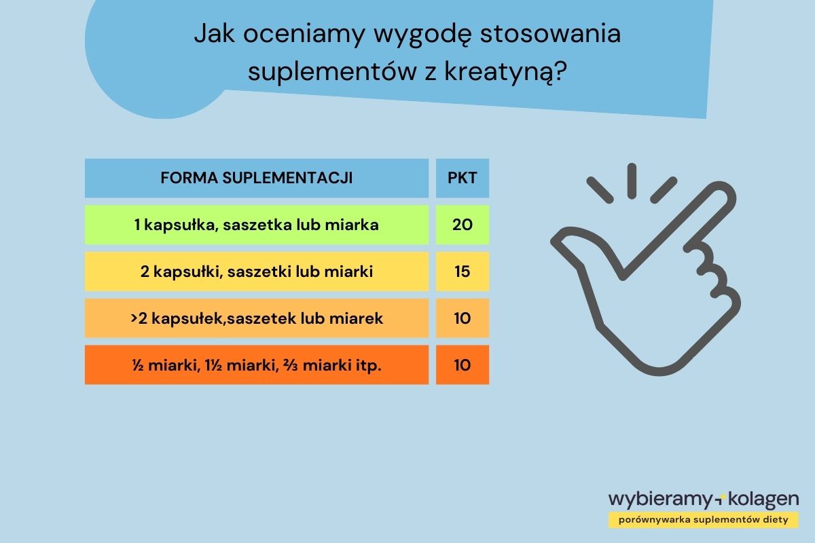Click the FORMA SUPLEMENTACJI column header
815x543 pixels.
click(x=256, y=179)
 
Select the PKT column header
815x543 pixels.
click(x=462, y=179)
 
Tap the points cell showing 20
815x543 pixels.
click(x=462, y=225)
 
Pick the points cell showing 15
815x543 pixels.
click(x=462, y=271)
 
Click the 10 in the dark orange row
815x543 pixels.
click(x=462, y=364)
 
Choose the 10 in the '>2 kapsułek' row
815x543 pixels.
click(x=462, y=318)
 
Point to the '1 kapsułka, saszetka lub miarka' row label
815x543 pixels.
click(x=256, y=225)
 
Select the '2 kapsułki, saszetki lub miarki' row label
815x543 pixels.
click(x=256, y=271)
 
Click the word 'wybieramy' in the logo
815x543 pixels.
click(x=659, y=500)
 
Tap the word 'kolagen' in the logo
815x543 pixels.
click(x=763, y=500)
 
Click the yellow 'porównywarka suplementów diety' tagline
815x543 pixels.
click(x=703, y=520)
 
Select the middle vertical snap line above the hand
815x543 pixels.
click(x=632, y=180)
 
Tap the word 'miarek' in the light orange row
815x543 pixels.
click(x=361, y=318)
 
